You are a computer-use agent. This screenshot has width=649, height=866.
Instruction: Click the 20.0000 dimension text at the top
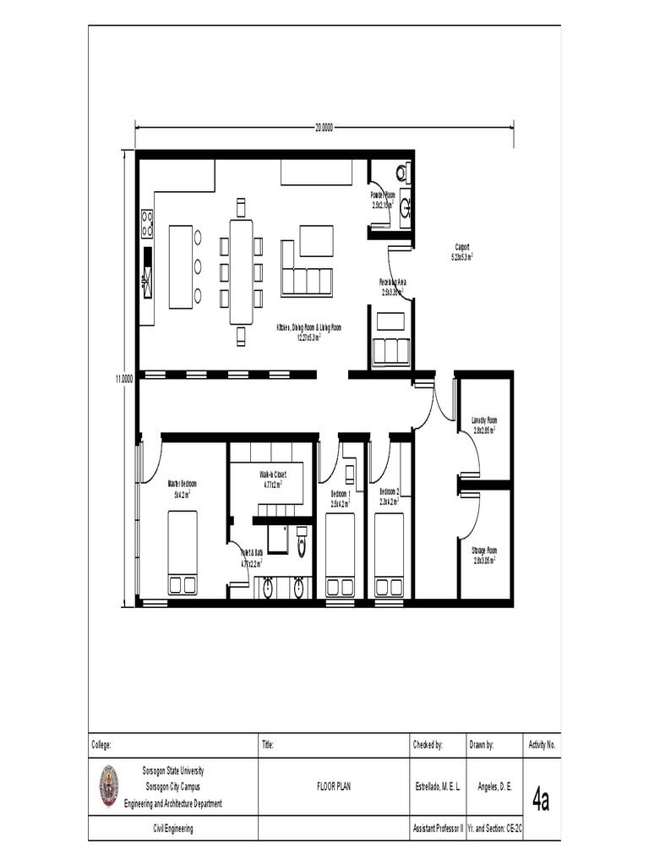[324, 128]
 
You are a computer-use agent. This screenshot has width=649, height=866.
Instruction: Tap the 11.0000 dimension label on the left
[124, 379]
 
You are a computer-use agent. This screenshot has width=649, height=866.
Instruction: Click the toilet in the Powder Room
[401, 173]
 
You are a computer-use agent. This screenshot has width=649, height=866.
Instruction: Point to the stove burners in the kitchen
[147, 223]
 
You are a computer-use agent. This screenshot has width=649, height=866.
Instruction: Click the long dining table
[241, 271]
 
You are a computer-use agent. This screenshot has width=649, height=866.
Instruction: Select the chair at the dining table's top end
[241, 206]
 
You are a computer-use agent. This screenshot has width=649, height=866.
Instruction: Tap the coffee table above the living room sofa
[316, 241]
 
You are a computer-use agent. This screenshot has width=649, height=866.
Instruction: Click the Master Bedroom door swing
[151, 462]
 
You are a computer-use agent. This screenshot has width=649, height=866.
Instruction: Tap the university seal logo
[109, 786]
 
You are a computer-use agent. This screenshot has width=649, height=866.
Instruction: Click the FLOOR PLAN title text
[333, 786]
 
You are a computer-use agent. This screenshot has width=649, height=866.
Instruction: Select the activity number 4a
[541, 799]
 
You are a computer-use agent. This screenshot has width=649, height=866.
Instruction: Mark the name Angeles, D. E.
[495, 786]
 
